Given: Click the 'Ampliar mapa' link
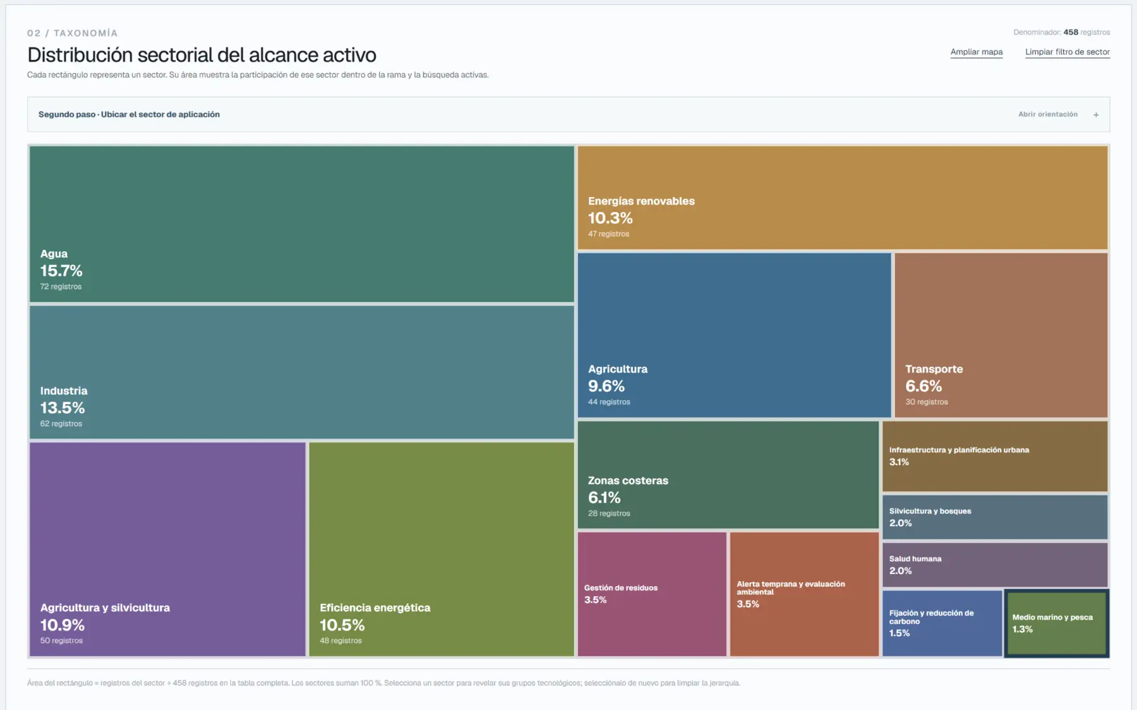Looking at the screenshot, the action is click(977, 52).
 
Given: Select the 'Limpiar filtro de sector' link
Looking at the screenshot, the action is click(1068, 52).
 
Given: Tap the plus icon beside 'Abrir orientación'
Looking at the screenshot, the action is click(1096, 114).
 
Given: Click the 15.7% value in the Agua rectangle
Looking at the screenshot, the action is click(61, 271).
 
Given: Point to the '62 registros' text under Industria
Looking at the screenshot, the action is click(61, 424).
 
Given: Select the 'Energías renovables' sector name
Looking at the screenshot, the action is click(641, 201).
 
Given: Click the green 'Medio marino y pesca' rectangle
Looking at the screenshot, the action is click(1056, 623).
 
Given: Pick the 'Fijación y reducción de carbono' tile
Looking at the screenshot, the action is click(942, 623).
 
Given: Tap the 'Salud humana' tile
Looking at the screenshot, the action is click(995, 565).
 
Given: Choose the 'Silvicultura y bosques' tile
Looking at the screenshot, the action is click(995, 517).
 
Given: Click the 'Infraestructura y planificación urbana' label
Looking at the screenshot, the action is click(959, 450).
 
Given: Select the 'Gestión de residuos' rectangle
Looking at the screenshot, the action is click(652, 594).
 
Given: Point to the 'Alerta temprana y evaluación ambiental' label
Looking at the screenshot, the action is click(791, 588).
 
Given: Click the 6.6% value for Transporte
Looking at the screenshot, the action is click(923, 386).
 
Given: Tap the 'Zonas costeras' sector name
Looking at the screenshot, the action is click(628, 481).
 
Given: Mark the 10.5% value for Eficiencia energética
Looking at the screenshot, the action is click(342, 625).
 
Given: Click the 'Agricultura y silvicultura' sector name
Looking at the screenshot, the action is click(105, 608).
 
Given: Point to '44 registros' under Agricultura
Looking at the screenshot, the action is click(609, 402).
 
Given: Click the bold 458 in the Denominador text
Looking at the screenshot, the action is click(1071, 32).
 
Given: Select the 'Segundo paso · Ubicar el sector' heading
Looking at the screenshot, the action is click(129, 114).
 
